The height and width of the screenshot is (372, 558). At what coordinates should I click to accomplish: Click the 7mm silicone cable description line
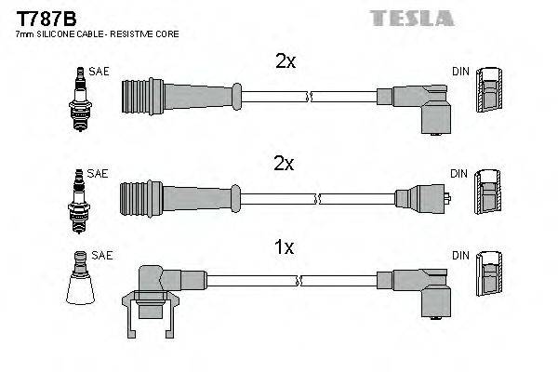[98, 34]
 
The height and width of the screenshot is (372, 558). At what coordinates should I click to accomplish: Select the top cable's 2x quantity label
[285, 61]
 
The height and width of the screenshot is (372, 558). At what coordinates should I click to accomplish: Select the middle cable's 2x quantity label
[285, 164]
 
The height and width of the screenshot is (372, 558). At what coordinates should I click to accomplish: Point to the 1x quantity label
[285, 247]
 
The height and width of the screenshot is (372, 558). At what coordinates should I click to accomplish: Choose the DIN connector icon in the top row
[490, 98]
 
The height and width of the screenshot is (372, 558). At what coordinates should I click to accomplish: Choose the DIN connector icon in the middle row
[490, 198]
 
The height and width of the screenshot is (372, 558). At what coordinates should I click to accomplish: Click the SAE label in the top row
[98, 71]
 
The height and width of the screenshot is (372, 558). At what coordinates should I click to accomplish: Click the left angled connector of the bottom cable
[153, 287]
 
